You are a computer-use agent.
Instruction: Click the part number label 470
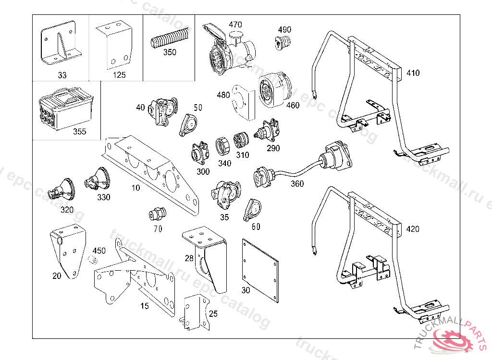pyautogui.click(x=235, y=24)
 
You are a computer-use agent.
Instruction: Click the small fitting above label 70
pyautogui.click(x=157, y=213)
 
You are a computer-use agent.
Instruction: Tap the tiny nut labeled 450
pyautogui.click(x=94, y=261)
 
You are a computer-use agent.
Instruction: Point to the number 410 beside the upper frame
pyautogui.click(x=413, y=73)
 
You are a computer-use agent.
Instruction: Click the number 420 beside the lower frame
pyautogui.click(x=413, y=229)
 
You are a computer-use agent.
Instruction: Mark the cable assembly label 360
pyautogui.click(x=297, y=184)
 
